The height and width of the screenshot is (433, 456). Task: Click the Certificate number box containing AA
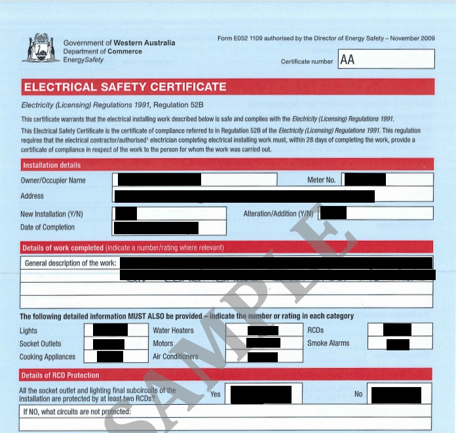pos(386,60)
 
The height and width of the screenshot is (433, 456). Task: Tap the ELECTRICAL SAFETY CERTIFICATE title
pos(124,87)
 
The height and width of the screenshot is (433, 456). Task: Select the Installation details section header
pos(52,165)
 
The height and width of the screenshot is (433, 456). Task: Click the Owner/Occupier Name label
pos(53,180)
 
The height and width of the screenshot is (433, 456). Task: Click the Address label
pos(32,196)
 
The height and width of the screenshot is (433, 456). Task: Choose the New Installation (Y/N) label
pos(52,214)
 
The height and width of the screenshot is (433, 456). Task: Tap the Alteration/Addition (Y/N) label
pos(278,214)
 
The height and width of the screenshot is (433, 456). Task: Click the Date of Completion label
pos(48,228)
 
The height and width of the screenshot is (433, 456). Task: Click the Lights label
pos(29,331)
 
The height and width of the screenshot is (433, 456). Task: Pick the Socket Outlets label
pos(41,344)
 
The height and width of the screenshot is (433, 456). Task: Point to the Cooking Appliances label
pos(48,357)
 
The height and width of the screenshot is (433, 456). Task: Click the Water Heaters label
pos(173,331)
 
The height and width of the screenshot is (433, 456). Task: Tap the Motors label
pos(163,344)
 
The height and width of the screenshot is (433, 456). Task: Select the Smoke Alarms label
pos(328,343)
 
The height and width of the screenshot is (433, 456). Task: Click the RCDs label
pos(316,331)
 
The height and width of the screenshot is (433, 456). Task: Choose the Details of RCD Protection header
pos(60,375)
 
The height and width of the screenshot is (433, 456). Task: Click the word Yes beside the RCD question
pos(216,394)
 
